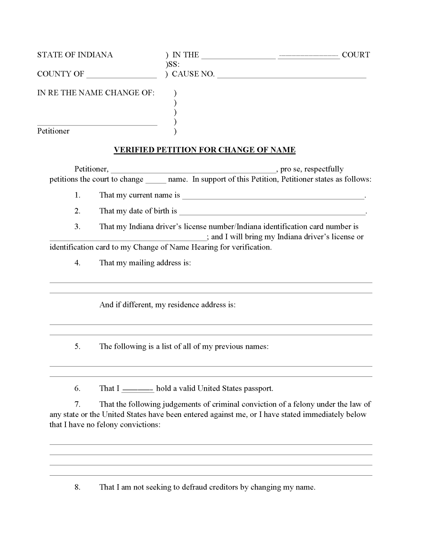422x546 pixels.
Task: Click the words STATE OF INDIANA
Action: click(x=75, y=55)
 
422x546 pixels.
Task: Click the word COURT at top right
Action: click(x=356, y=55)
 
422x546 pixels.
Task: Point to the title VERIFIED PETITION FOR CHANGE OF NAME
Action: click(x=204, y=150)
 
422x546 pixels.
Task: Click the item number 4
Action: click(x=78, y=263)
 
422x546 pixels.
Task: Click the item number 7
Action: click(x=78, y=404)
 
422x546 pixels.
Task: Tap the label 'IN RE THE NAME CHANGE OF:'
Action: click(x=96, y=93)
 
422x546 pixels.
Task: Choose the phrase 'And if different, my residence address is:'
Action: click(x=167, y=305)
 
